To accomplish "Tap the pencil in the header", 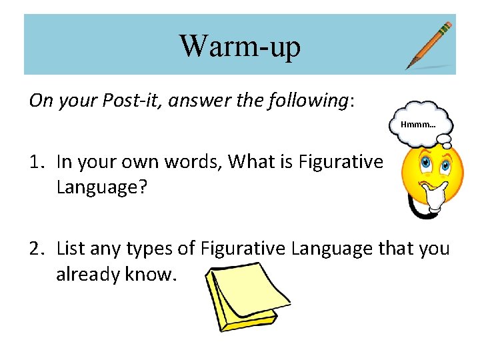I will pos(429,45).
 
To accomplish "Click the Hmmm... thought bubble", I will pos(419,124).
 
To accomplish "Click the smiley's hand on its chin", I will pos(437,195).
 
